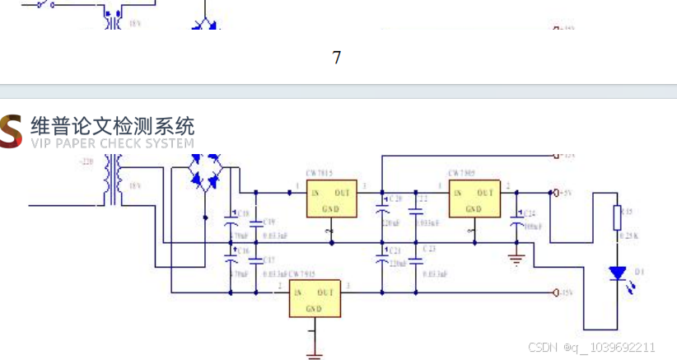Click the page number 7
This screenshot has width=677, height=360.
[336, 58]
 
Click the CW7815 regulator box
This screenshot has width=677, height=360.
[332, 199]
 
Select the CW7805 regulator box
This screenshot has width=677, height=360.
[473, 199]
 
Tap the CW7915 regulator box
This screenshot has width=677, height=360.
[314, 299]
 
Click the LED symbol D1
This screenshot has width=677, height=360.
[617, 274]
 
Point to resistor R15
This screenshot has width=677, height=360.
[617, 218]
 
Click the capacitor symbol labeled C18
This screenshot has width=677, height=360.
[231, 220]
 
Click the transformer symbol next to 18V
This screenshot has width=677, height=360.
[111, 185]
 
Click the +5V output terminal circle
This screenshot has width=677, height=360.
[558, 193]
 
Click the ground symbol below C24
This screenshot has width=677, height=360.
[516, 259]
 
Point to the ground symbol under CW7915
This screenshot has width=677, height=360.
[314, 354]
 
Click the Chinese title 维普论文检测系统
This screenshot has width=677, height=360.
[113, 126]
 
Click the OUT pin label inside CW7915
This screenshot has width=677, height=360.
[326, 292]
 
